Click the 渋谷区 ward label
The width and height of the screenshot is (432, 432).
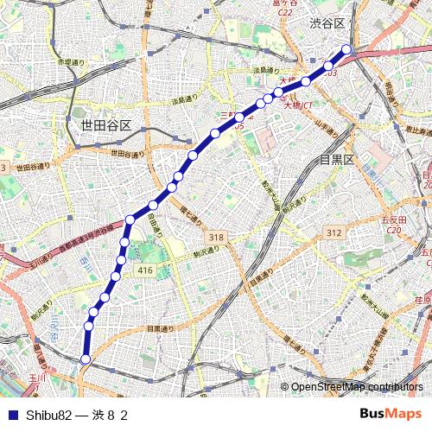[327, 25]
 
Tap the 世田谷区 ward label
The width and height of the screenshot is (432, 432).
[105, 125]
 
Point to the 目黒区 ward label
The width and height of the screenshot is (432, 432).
[337, 160]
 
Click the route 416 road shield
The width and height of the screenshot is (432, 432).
[144, 270]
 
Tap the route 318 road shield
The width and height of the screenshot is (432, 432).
[215, 237]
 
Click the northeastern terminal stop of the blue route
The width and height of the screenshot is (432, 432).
[346, 49]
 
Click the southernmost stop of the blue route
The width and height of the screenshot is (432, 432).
[86, 359]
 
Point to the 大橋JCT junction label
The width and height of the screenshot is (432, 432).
[298, 107]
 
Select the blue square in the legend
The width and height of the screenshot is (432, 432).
[11, 415]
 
